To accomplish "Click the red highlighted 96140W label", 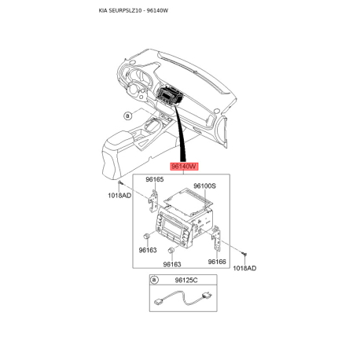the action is (x=185, y=167).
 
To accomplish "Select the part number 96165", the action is (x=155, y=179).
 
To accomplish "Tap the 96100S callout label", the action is (x=204, y=186).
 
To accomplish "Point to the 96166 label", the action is (x=217, y=262).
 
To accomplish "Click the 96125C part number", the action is (x=186, y=281).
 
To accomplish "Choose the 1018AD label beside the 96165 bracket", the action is (x=119, y=196).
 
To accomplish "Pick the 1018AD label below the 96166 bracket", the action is (x=244, y=268).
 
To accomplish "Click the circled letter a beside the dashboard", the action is (x=127, y=116).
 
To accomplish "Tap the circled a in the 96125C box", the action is (x=154, y=280).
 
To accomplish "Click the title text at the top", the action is (x=134, y=10).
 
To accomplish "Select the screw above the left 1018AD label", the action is (x=119, y=183).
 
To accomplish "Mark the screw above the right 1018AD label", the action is (x=244, y=254).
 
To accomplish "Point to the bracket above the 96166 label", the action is (x=216, y=237).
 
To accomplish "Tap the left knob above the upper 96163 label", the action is (x=147, y=236).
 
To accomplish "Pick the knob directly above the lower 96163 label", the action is (x=171, y=251).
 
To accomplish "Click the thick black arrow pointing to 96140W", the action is (x=182, y=134).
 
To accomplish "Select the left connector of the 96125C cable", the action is (x=158, y=301).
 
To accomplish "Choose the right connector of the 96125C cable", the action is (x=207, y=296).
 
